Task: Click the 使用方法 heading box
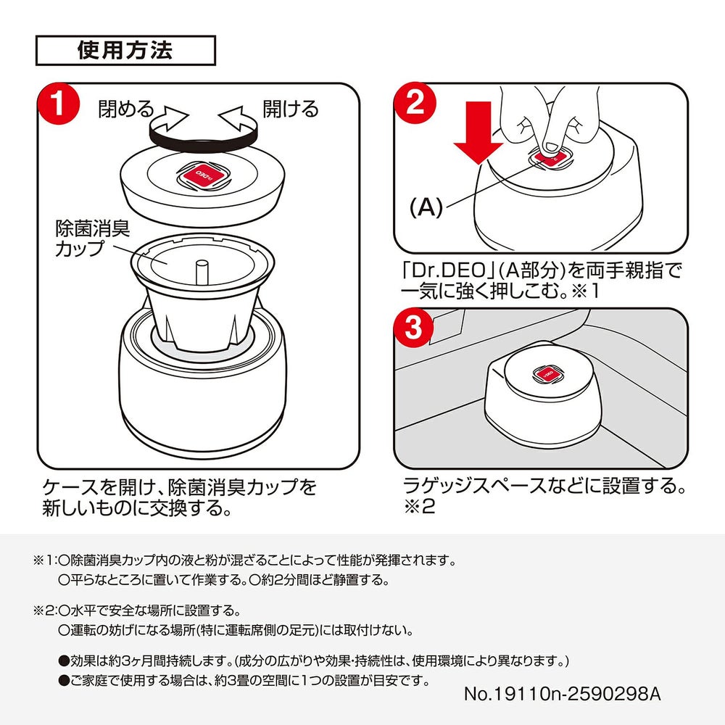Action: (125, 51)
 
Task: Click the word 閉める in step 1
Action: (126, 109)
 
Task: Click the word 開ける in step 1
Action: (291, 109)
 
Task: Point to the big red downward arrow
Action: (478, 143)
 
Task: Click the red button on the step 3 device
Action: (547, 375)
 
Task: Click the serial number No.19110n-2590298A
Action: (562, 693)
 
